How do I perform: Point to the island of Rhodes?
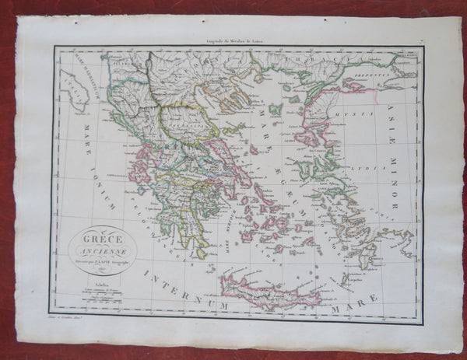pos(366,254)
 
